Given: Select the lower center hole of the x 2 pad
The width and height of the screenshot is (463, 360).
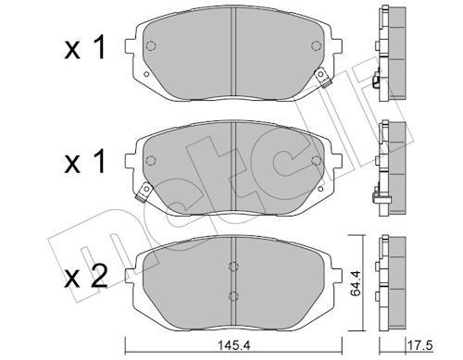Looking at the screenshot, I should click(x=231, y=296).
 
